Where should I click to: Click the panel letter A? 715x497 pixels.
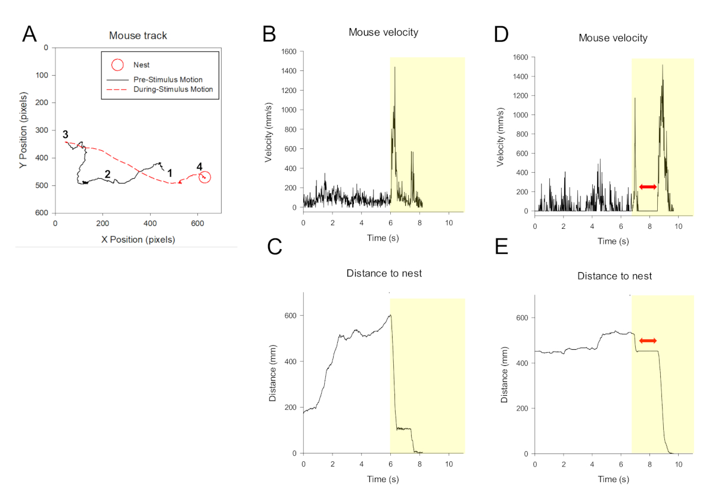(x=30, y=34)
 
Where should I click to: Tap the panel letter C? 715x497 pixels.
(x=274, y=246)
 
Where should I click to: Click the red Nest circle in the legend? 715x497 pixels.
(x=118, y=64)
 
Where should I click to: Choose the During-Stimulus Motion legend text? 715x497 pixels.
(x=173, y=89)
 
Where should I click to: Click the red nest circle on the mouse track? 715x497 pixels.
(x=204, y=177)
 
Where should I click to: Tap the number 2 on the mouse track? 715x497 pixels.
(x=107, y=174)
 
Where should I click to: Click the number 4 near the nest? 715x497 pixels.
(x=200, y=166)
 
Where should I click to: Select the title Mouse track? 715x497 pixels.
(x=138, y=36)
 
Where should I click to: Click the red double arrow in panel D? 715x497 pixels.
(x=648, y=187)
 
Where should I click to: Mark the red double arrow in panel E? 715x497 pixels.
(x=648, y=340)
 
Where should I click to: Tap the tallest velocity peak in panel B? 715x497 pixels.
(x=394, y=68)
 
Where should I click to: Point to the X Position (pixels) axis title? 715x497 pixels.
(x=138, y=240)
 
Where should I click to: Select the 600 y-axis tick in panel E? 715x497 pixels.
(x=522, y=318)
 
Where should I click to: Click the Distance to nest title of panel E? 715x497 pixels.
(x=614, y=277)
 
